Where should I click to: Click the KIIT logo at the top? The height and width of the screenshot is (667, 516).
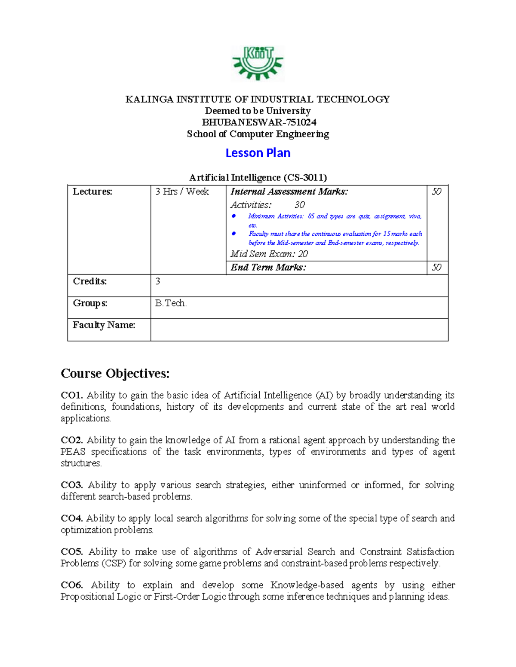tap(258, 63)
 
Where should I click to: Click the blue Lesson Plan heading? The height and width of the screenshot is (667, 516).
tap(258, 153)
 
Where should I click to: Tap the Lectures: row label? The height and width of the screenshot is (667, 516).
tap(92, 192)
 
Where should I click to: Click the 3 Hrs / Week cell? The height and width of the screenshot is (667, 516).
tap(182, 192)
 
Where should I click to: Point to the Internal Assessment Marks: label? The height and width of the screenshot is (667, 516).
tap(289, 192)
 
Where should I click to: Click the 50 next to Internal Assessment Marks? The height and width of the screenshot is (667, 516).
tap(436, 192)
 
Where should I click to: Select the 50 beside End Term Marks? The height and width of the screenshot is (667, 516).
tap(436, 267)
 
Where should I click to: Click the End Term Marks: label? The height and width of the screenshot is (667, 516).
tap(268, 267)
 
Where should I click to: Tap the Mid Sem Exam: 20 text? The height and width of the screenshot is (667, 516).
tap(269, 254)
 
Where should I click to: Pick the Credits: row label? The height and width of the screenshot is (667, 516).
tap(90, 281)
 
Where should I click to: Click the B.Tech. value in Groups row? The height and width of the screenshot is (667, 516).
tap(171, 303)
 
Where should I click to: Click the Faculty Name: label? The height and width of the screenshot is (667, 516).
tap(104, 325)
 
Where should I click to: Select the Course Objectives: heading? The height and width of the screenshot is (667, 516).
tap(115, 373)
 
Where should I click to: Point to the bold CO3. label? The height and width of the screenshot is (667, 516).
tap(72, 485)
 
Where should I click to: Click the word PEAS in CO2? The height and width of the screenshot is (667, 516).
tap(73, 452)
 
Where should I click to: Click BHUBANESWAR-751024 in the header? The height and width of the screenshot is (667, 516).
tap(259, 122)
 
